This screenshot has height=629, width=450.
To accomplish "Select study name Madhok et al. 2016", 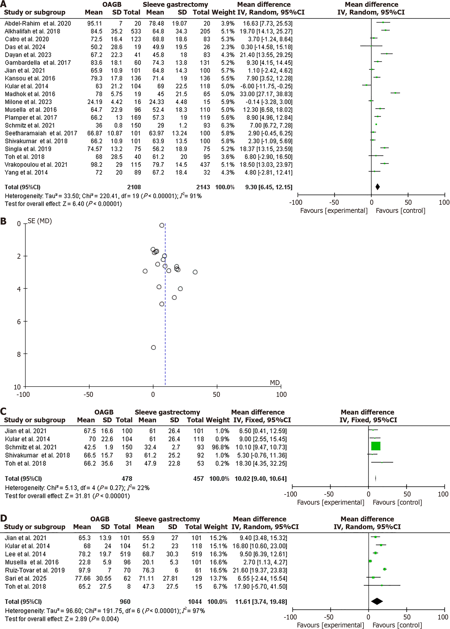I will point(30,94).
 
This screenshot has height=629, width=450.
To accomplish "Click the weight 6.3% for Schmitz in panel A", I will point(227,125).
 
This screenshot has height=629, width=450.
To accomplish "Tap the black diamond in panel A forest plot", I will point(377,187).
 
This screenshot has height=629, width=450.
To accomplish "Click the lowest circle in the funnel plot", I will point(153,348).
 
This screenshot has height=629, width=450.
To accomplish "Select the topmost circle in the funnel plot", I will point(162,225).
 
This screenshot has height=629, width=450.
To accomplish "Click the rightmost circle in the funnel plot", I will point(195,272).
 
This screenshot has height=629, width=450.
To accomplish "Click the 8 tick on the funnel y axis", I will point(19,354).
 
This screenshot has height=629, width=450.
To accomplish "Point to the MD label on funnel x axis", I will point(275,383).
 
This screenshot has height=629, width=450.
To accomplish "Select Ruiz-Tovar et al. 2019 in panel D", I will point(35,570).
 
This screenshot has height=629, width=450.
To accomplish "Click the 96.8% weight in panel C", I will point(222,447).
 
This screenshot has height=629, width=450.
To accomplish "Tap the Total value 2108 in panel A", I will point(134,187).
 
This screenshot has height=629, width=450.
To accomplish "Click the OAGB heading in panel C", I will point(104,412).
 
